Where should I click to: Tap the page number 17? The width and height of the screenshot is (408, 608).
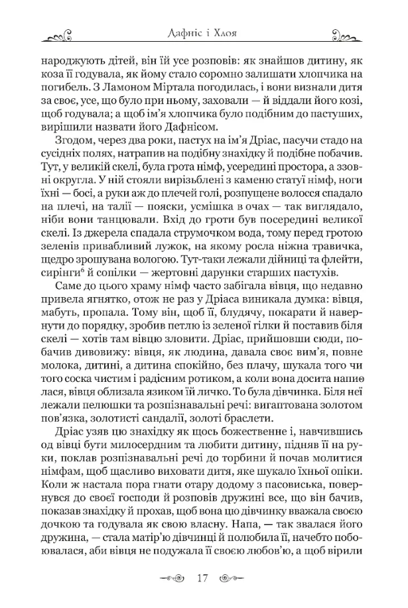coord(204,578)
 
